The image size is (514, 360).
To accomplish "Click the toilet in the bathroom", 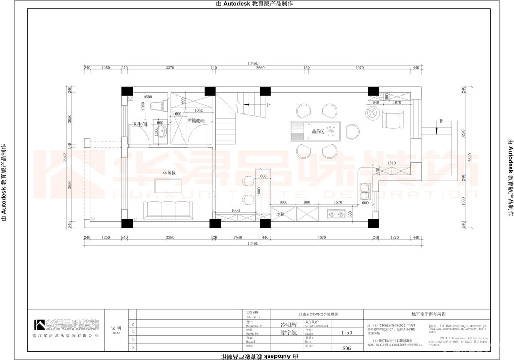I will tap(158, 106).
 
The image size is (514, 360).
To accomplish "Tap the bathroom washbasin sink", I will tap(162, 133).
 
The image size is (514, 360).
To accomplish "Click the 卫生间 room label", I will tap(139, 125).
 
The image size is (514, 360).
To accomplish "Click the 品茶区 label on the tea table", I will tap(317, 131).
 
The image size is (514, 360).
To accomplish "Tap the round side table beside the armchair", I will tap(372, 113).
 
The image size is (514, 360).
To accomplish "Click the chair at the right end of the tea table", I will tap(353, 131).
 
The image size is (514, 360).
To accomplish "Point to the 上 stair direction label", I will tap(268, 105).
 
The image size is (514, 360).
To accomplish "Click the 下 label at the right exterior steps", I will tap(441, 121).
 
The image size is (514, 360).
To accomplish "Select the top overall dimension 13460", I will tap(252, 63).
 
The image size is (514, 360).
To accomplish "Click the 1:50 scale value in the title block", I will tap(346, 332).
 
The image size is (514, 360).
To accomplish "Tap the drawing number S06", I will tap(346, 348).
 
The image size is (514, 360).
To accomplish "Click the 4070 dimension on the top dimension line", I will tap(359, 68).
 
